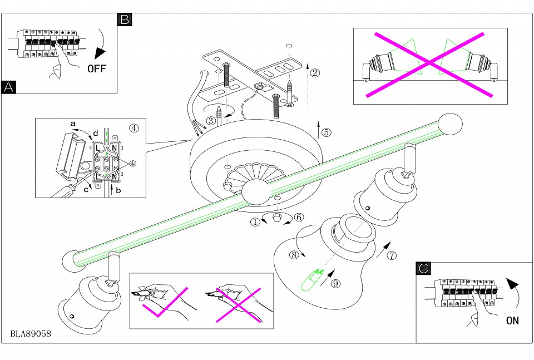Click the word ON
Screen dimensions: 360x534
pyautogui.click(x=512, y=320)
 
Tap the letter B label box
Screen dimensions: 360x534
pyautogui.click(x=124, y=19)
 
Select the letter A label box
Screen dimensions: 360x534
pyautogui.click(x=9, y=87)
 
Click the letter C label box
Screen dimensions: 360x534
pyautogui.click(x=423, y=268)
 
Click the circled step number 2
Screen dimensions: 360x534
pyautogui.click(x=315, y=73)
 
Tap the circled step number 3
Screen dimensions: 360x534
pyautogui.click(x=211, y=120)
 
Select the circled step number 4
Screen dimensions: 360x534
pyautogui.click(x=133, y=127)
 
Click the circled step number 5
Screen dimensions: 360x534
pyautogui.click(x=326, y=132)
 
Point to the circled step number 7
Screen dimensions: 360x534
pyautogui.click(x=392, y=256)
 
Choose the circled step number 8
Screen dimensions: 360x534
pyautogui.click(x=294, y=255)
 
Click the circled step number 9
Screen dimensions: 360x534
pyautogui.click(x=335, y=283)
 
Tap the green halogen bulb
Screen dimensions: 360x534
pyautogui.click(x=309, y=280)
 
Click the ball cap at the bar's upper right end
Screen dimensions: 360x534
pyautogui.click(x=451, y=124)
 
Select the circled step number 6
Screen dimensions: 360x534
pyautogui.click(x=299, y=218)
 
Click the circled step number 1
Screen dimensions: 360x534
pyautogui.click(x=255, y=222)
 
